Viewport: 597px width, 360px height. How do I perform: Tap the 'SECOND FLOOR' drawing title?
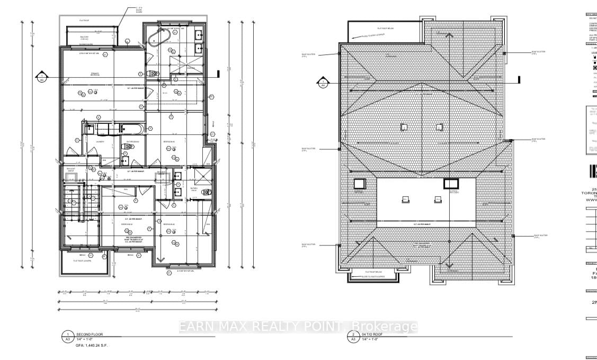click(88, 335)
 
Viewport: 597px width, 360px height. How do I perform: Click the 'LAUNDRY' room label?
click(99, 142)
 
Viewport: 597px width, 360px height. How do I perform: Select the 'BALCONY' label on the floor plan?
click(84, 38)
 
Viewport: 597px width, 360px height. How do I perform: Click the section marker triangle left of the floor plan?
click(41, 78)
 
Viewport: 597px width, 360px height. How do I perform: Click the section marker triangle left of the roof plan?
click(323, 82)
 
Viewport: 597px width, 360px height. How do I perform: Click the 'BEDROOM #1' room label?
click(127, 224)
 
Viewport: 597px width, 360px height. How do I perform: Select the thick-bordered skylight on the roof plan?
click(450, 183)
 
